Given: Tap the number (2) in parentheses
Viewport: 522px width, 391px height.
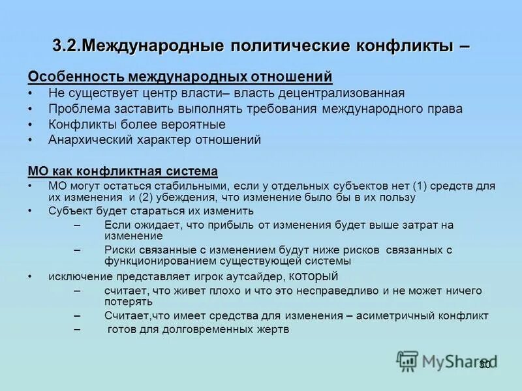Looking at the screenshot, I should pos(146,197).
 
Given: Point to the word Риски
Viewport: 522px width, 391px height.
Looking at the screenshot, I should pos(120,250).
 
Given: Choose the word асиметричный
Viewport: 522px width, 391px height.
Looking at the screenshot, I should pos(400,315).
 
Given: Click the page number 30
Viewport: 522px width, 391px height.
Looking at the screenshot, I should pos(485,364).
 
